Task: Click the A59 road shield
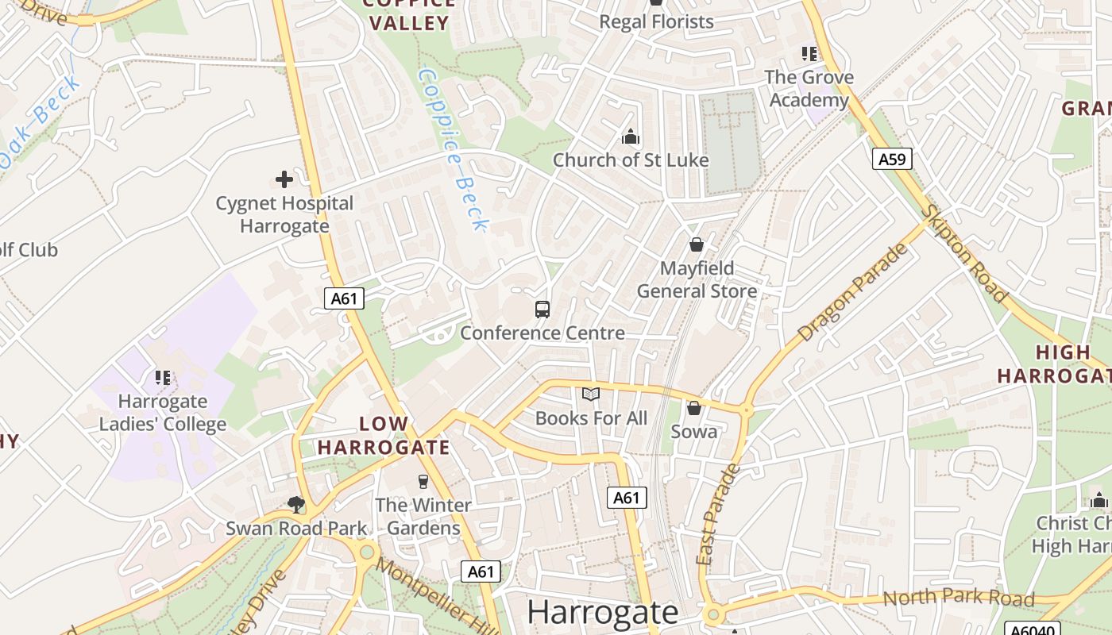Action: (x=892, y=159)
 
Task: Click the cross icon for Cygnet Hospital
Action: (x=284, y=180)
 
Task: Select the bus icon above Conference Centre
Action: (x=542, y=310)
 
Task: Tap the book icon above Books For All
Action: (x=591, y=394)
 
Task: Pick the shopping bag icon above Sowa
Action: (x=694, y=408)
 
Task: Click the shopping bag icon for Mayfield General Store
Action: (x=697, y=244)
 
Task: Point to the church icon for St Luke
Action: (x=631, y=137)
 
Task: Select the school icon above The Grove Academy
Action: (x=809, y=54)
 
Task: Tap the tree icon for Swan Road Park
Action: (x=296, y=504)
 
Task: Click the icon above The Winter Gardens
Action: (x=423, y=481)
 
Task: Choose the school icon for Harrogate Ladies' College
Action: (x=163, y=377)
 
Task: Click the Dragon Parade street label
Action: (x=852, y=292)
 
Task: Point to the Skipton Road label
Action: (x=965, y=252)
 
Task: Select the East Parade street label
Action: (x=717, y=514)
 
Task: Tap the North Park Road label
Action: (x=958, y=598)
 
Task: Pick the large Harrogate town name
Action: (x=603, y=612)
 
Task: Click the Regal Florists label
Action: (x=656, y=21)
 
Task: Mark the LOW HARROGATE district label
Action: (x=384, y=436)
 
